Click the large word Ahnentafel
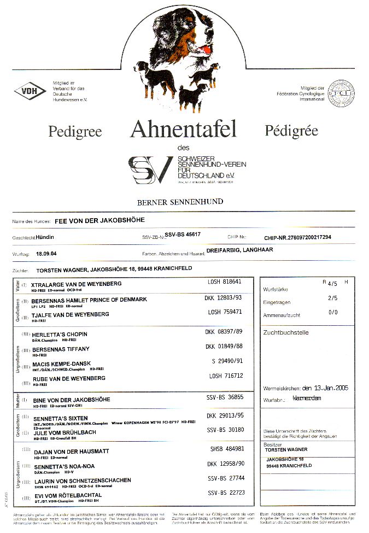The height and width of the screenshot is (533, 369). (183, 130)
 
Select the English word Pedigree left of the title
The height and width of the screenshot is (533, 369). (75, 131)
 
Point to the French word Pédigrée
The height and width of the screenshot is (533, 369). (291, 130)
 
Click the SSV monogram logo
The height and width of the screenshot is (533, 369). (150, 169)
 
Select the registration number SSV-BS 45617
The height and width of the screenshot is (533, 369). (183, 234)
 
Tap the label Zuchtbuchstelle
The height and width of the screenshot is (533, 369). (286, 332)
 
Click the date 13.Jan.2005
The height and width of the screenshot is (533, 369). (325, 388)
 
